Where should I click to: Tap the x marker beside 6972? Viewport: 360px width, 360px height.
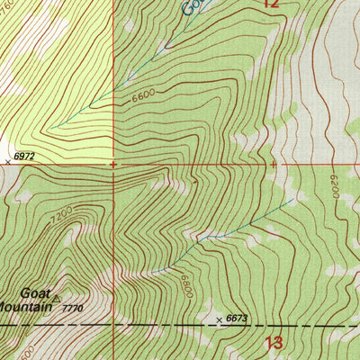pos(8,160)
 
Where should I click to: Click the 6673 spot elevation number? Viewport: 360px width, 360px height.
pos(237,319)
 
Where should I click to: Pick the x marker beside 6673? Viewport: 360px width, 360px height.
pos(218,319)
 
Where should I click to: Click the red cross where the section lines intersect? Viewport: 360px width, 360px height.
pos(113,165)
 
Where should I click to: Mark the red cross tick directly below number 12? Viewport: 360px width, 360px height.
pos(273,165)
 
